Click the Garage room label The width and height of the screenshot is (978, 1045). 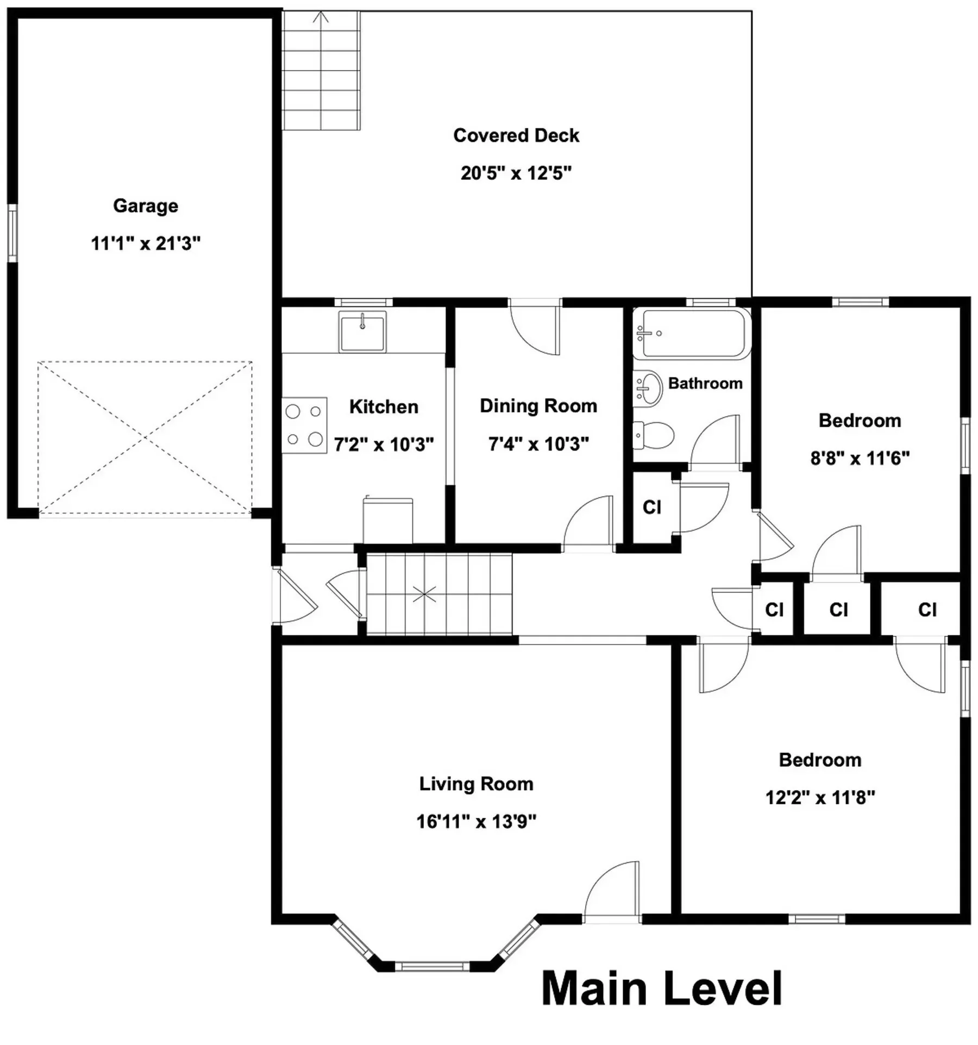(146, 207)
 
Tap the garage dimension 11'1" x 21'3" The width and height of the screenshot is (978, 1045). (146, 243)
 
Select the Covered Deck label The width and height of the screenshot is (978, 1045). (516, 135)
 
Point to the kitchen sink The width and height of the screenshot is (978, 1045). (362, 331)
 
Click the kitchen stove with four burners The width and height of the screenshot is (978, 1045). (304, 425)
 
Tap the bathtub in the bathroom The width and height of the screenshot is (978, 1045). (692, 334)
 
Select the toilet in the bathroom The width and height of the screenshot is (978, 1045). (654, 435)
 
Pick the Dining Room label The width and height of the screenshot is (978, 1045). (538, 406)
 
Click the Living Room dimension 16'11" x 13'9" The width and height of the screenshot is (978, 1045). (477, 822)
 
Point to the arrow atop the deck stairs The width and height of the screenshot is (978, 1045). (322, 17)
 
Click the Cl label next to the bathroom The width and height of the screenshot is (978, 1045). (652, 507)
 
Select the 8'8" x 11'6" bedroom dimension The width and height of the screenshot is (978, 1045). (860, 459)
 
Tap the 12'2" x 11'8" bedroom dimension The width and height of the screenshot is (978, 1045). (820, 798)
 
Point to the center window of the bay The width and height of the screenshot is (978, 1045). (432, 966)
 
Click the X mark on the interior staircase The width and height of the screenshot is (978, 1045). (424, 595)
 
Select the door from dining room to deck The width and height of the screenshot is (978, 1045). (535, 329)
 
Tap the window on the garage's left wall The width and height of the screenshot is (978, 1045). (12, 233)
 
